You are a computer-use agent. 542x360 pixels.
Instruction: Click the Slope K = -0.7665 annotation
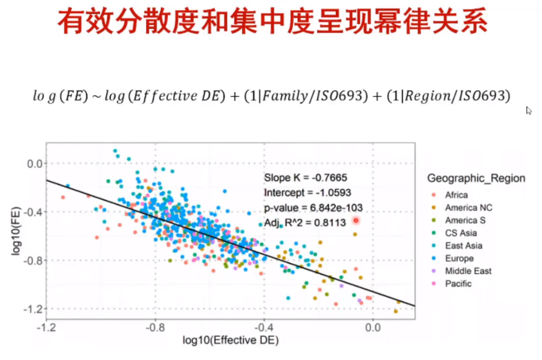(305, 178)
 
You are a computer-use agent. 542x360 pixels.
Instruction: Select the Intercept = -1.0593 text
(307, 193)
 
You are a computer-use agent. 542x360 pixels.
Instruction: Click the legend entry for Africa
(456, 195)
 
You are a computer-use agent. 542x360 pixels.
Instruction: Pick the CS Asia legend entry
(461, 233)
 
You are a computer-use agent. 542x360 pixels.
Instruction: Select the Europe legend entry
(459, 259)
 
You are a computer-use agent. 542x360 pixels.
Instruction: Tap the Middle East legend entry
(468, 271)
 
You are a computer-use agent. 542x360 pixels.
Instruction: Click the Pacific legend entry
(458, 284)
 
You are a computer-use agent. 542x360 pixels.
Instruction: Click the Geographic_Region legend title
(476, 179)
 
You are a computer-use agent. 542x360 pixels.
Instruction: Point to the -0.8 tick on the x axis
(155, 328)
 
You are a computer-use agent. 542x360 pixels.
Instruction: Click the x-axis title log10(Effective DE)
(231, 341)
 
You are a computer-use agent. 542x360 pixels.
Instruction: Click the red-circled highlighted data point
(356, 220)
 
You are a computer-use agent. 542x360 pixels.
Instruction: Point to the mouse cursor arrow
(529, 111)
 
